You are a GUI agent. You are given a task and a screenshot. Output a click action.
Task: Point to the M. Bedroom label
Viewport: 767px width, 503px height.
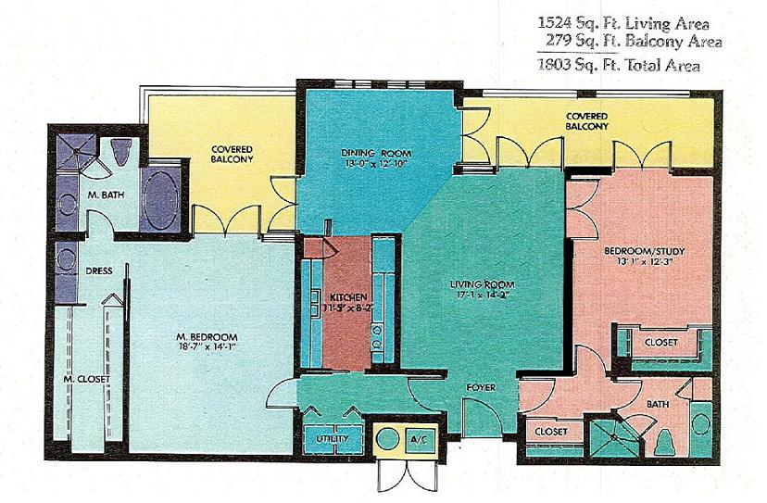coord(208,336)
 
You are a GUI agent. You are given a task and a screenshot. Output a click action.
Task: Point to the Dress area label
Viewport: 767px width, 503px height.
coord(99,272)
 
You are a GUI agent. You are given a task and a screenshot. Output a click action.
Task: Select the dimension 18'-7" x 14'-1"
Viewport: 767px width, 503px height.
coord(208,349)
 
